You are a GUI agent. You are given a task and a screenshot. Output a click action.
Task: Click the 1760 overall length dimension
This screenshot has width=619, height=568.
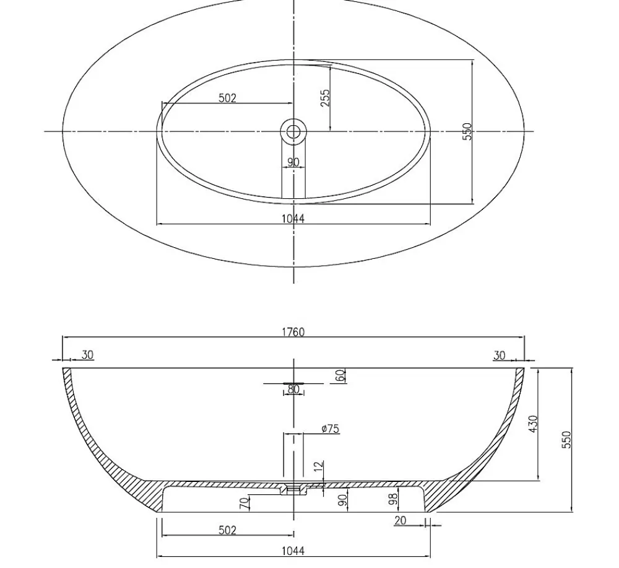coord(293,332)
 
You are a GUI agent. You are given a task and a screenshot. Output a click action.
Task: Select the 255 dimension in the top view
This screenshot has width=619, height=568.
coord(326,98)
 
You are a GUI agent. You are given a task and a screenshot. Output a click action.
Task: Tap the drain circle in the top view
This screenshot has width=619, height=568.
coord(293,131)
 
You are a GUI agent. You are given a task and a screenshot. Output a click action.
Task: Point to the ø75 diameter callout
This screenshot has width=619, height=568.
coord(331,429)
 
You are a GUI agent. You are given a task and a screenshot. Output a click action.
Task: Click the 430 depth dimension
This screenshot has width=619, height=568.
coord(533,424)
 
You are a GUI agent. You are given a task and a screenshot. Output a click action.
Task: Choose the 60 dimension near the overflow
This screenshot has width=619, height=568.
coord(340,375)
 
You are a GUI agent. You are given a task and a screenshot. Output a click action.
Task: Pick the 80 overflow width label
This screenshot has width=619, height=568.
coord(293,389)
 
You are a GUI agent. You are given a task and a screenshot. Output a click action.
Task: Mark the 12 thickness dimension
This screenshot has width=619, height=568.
coord(319,466)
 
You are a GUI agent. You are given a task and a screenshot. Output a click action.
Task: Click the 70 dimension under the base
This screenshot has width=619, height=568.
coord(245,503)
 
